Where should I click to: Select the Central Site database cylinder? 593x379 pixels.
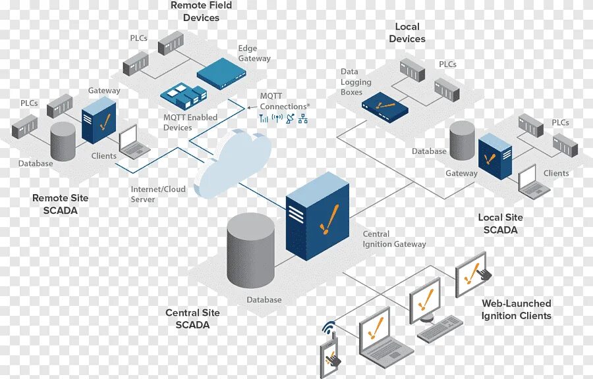pyautogui.click(x=250, y=250)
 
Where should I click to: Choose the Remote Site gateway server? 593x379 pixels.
pyautogui.click(x=98, y=120)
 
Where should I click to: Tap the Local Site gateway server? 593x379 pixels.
pyautogui.click(x=495, y=156)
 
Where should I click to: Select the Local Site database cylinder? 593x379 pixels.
pyautogui.click(x=463, y=140)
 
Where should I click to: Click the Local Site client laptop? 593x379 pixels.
pyautogui.click(x=533, y=183)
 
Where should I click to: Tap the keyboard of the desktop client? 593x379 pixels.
pyautogui.click(x=440, y=329)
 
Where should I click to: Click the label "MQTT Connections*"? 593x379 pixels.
pyautogui.click(x=284, y=101)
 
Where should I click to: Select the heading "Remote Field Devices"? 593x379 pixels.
pyautogui.click(x=201, y=12)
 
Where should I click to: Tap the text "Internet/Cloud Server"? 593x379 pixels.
pyautogui.click(x=158, y=194)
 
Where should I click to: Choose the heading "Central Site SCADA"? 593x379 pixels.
pyautogui.click(x=192, y=318)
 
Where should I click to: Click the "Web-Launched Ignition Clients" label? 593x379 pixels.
pyautogui.click(x=516, y=309)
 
